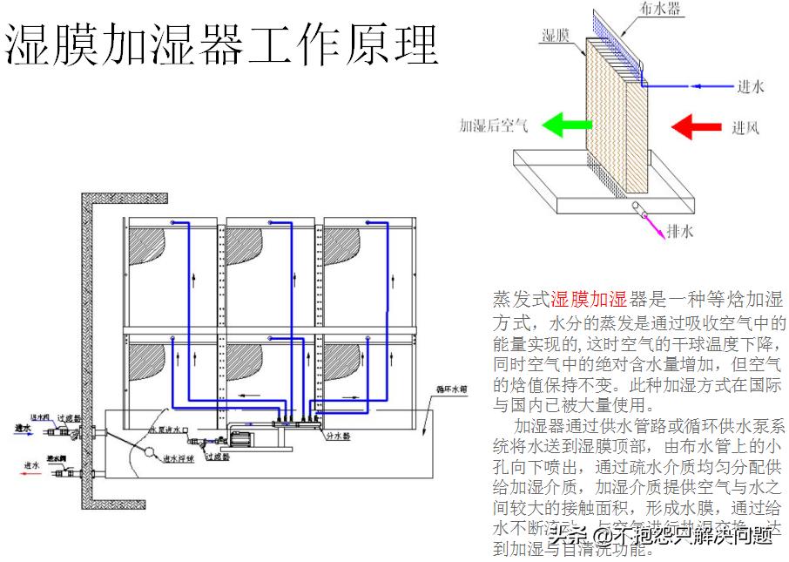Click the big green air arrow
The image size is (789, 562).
coord(563,125)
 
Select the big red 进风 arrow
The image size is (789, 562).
coord(697,126)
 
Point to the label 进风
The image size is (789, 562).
coord(745,128)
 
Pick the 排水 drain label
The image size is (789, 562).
coord(679,232)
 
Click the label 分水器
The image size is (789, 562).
coord(337,435)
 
